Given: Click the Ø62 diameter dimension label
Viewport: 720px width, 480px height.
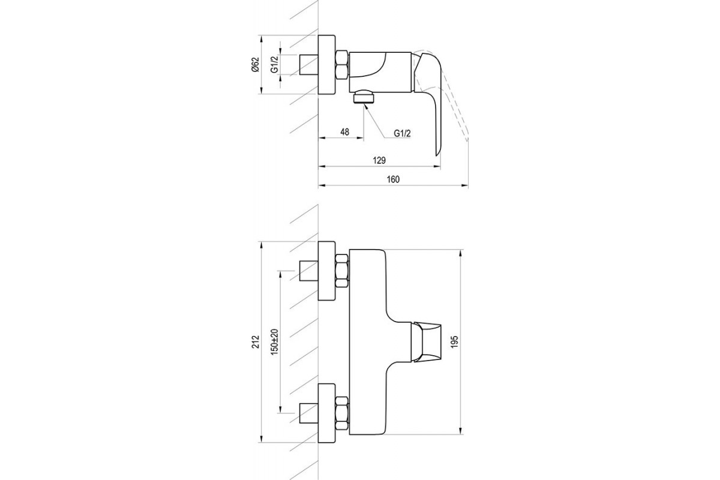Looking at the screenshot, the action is tap(256, 65).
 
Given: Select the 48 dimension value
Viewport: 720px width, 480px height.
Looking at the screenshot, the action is tap(344, 132).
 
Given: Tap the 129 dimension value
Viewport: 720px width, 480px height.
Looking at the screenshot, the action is tap(379, 160).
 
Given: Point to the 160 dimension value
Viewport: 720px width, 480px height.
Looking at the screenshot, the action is tap(393, 179).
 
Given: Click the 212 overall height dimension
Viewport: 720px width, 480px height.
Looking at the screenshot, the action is tap(256, 341).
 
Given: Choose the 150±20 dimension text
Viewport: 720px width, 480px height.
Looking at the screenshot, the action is tap(275, 342).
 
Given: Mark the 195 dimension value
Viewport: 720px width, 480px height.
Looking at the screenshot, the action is tap(454, 342).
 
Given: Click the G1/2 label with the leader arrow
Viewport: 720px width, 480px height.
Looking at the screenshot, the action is tap(402, 133).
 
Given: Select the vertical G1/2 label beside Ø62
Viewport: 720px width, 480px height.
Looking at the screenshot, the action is tap(274, 64).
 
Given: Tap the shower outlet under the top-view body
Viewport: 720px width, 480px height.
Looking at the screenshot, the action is tap(364, 97).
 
